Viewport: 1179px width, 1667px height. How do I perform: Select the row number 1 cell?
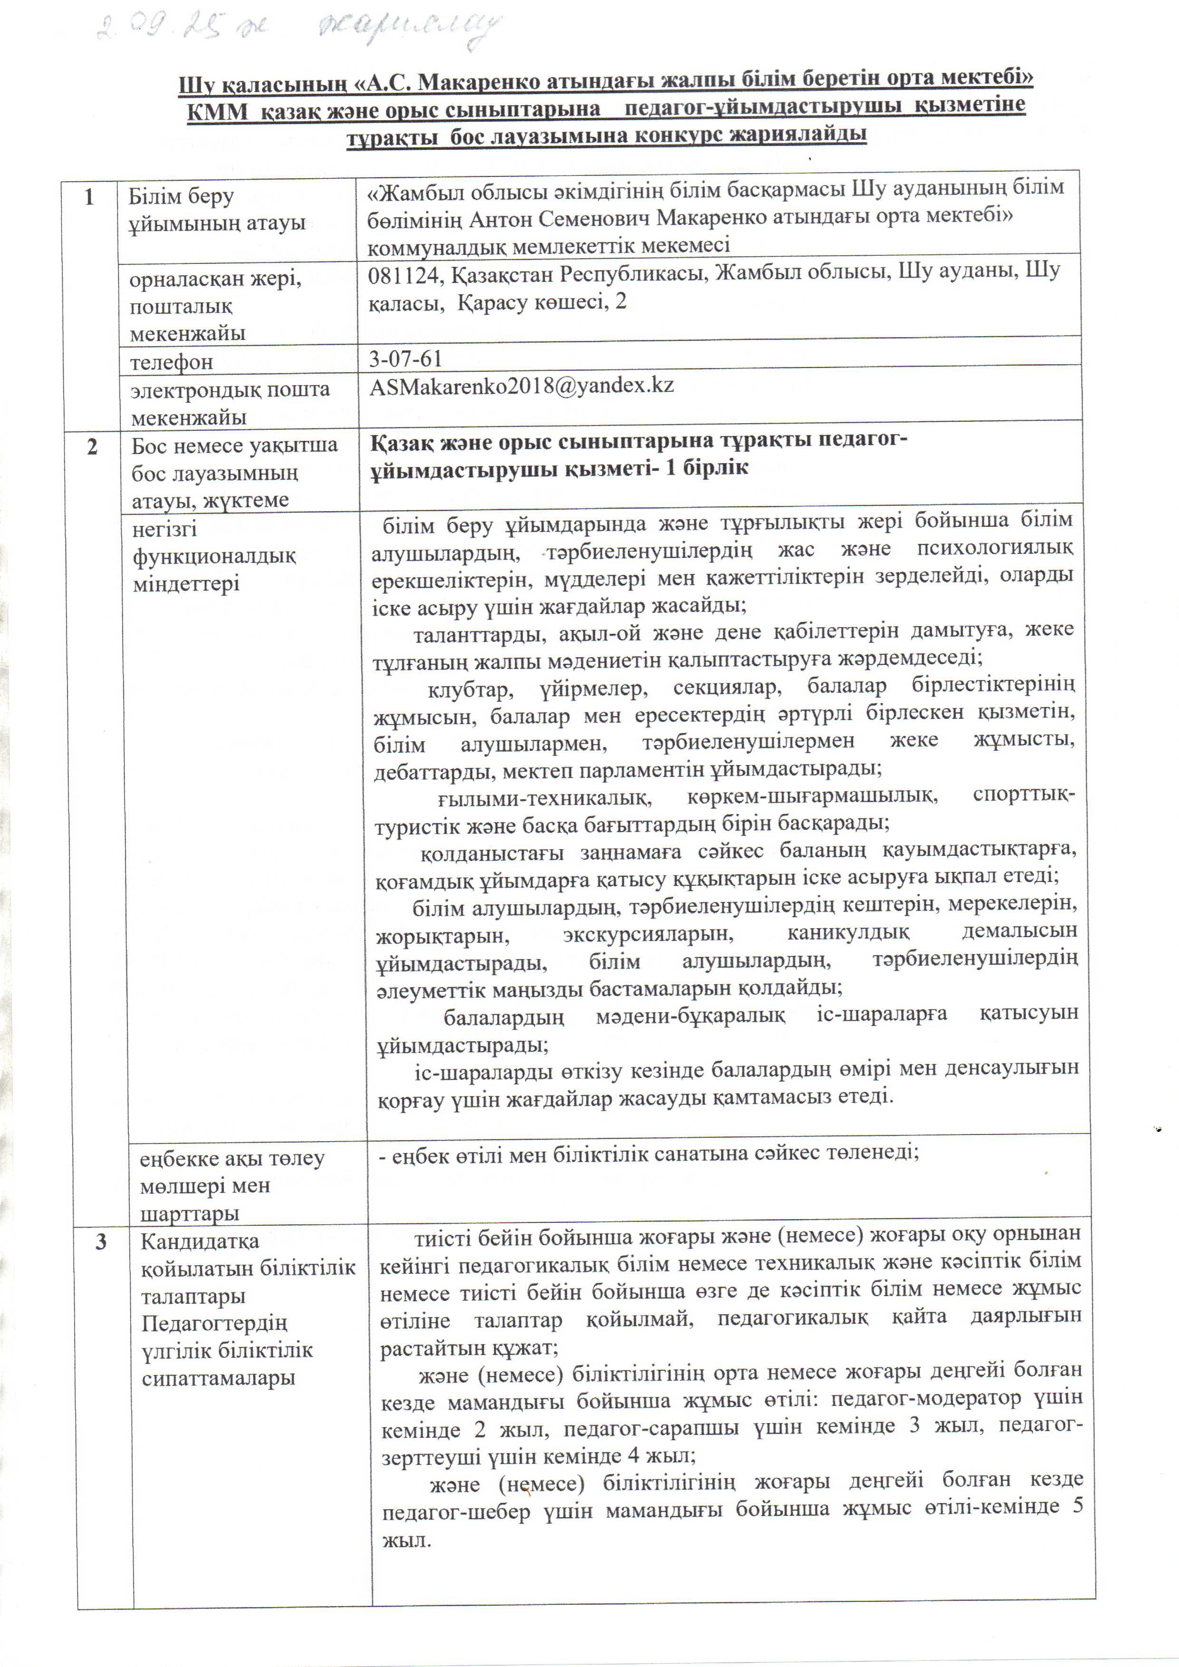click(x=89, y=198)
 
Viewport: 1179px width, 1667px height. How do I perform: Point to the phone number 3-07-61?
click(x=405, y=359)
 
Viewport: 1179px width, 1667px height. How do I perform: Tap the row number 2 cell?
click(x=92, y=446)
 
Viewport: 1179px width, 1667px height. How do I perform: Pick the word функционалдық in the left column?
click(x=214, y=556)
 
